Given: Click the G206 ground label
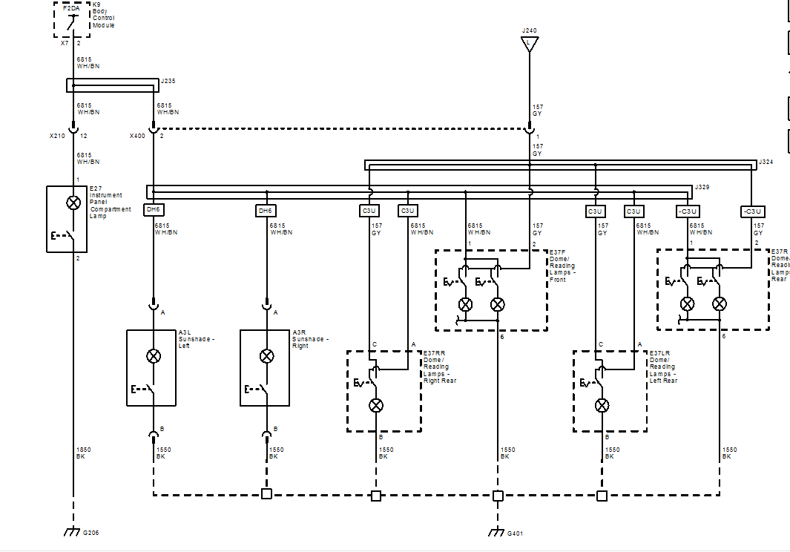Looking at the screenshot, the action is tap(90, 533).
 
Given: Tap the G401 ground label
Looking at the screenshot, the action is tap(515, 533).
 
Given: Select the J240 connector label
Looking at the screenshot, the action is tap(529, 30).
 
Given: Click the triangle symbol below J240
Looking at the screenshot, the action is tap(529, 44).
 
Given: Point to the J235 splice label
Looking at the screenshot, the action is tap(168, 81).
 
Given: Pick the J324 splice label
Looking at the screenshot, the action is tap(766, 162).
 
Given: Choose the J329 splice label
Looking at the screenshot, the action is tap(702, 187).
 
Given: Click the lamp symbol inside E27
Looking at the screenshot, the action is tap(73, 203).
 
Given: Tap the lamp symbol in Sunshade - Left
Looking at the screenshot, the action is tap(153, 356).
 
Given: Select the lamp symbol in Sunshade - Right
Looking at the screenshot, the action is tap(266, 356).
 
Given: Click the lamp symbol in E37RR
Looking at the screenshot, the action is tap(376, 405).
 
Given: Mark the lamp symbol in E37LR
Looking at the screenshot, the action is tap(602, 405).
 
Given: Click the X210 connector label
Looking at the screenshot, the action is tap(57, 136).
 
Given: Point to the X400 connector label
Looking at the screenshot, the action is tap(137, 136).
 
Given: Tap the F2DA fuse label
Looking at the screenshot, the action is tap(71, 8).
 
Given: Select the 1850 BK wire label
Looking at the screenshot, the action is tap(84, 453).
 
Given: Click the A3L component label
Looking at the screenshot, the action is tap(185, 332).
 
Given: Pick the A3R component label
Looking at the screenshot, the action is tap(299, 332).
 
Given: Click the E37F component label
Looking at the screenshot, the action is tap(557, 252).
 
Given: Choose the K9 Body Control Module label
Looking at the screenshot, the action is tap(103, 15).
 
